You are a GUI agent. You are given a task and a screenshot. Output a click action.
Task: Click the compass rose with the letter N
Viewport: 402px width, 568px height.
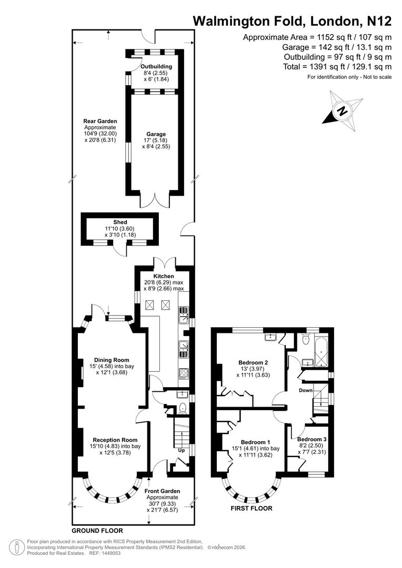(x=343, y=111)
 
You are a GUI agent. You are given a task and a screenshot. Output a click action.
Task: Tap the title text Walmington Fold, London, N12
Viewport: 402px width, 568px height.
(x=292, y=21)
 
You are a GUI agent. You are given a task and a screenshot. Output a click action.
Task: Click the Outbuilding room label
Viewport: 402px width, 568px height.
(x=156, y=66)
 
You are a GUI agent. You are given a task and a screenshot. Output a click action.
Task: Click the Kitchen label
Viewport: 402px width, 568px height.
(x=164, y=276)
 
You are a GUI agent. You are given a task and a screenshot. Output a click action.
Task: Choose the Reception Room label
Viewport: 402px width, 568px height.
(x=115, y=440)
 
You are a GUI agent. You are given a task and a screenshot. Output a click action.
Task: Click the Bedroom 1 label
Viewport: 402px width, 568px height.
(x=255, y=442)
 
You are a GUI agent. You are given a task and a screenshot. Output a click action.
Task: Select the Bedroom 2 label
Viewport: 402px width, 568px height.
(x=253, y=362)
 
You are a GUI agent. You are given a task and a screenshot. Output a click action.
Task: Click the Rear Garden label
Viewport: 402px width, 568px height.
(x=99, y=121)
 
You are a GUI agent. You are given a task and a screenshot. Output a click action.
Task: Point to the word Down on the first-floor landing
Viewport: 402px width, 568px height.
(x=306, y=390)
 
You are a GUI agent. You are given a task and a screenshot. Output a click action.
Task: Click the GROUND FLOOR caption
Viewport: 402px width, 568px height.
(x=97, y=531)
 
